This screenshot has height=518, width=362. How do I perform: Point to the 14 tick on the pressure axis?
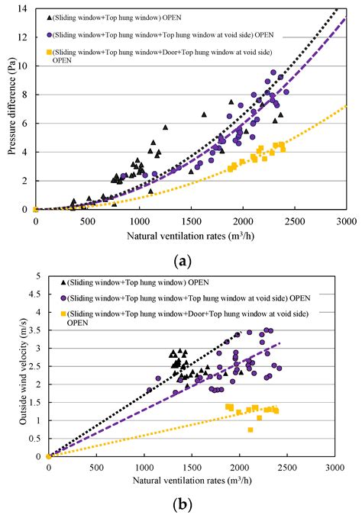[x=24, y=8]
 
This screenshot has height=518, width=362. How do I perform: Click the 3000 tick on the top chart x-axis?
[x=347, y=221]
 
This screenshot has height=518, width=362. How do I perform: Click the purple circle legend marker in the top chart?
[x=50, y=34]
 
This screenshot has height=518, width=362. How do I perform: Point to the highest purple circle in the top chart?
[x=273, y=72]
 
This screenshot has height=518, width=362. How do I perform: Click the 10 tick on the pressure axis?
[x=24, y=66]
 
